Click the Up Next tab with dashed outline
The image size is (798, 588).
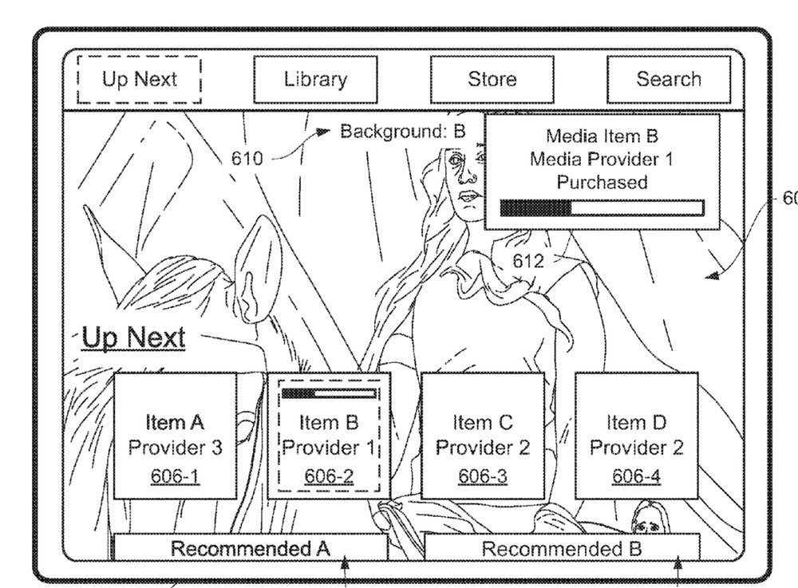pyautogui.click(x=140, y=80)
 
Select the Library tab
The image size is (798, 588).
pyautogui.click(x=315, y=80)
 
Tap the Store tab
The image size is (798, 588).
pyautogui.click(x=492, y=80)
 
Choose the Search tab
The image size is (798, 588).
pyautogui.click(x=668, y=80)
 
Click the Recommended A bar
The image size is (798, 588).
pyautogui.click(x=251, y=548)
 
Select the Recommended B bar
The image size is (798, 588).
pyautogui.click(x=562, y=548)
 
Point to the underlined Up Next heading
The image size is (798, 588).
pyautogui.click(x=135, y=337)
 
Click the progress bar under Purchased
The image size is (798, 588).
pyautogui.click(x=602, y=208)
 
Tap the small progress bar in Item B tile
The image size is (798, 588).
pyautogui.click(x=329, y=393)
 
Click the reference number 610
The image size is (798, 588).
pyautogui.click(x=247, y=158)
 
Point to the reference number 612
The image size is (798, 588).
pyautogui.click(x=528, y=261)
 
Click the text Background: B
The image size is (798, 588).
pyautogui.click(x=402, y=132)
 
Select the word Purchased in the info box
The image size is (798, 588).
pyautogui.click(x=602, y=182)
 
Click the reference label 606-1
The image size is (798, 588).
pyautogui.click(x=176, y=476)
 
